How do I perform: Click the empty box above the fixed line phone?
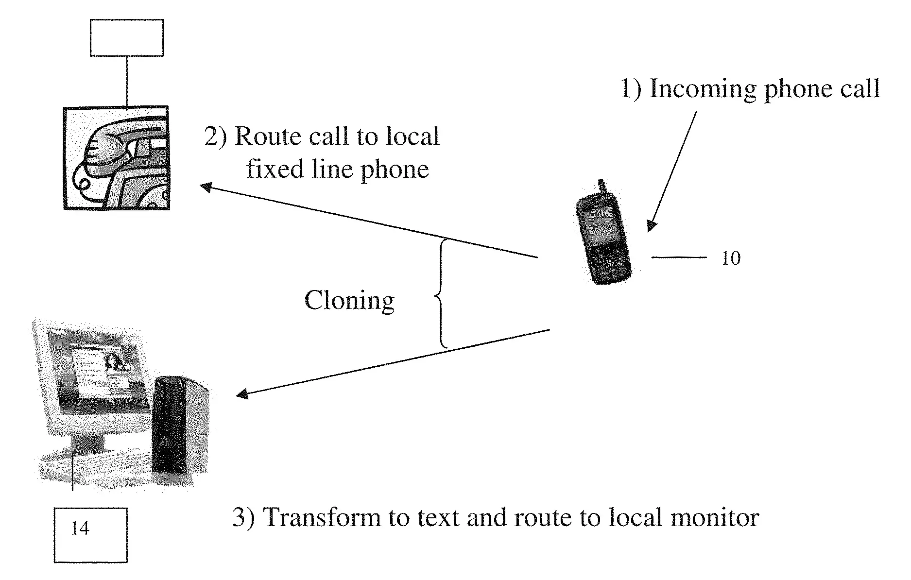pos(126,37)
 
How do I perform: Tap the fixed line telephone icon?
pos(117,158)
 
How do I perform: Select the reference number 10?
pos(730,258)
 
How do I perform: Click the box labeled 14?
pos(90,535)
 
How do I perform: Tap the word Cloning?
pos(349,301)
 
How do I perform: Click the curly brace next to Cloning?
pos(441,294)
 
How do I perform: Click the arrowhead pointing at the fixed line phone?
pos(206,186)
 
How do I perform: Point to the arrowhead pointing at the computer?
pos(241,394)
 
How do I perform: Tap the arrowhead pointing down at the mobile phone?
pos(651,226)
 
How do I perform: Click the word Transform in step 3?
pos(321,518)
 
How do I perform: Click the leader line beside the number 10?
pos(678,257)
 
